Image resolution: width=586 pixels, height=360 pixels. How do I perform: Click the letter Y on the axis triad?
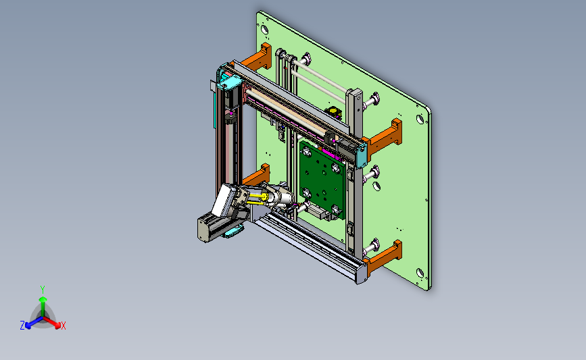pyautogui.click(x=43, y=290)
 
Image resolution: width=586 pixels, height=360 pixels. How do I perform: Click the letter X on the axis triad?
pyautogui.click(x=63, y=326)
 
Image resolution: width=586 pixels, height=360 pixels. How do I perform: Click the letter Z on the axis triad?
pyautogui.click(x=22, y=326)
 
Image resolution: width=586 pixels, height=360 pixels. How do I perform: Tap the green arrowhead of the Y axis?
pyautogui.click(x=43, y=299)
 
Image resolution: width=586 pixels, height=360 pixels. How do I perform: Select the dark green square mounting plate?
pyautogui.click(x=322, y=178)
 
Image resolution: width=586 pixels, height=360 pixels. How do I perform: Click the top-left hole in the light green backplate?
pyautogui.click(x=264, y=28)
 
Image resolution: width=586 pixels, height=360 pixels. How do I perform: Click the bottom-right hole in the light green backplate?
pyautogui.click(x=420, y=273)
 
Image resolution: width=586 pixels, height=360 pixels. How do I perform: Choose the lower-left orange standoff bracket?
pyautogui.click(x=256, y=176)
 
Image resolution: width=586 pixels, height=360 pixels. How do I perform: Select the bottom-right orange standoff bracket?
pyautogui.click(x=383, y=258)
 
